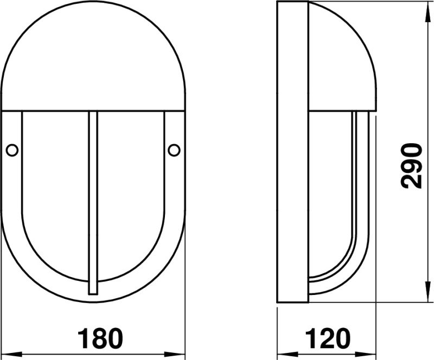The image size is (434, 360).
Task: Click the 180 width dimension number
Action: [x=100, y=338]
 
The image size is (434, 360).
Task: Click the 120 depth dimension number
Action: [x=328, y=338]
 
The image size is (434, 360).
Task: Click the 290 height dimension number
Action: [x=412, y=166]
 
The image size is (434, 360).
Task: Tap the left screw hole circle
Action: [x=12, y=150]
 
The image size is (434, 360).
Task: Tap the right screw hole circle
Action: [x=174, y=150]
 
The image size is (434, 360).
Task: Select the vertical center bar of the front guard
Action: [x=93, y=203]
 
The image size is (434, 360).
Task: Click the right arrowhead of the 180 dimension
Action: [x=175, y=354]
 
